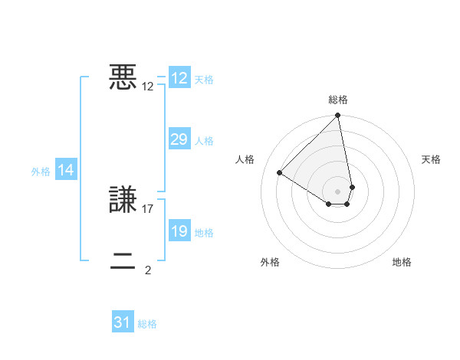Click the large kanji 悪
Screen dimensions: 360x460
coord(123,77)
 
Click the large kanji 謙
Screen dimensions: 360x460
coord(123,200)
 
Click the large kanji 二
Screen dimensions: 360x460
coord(123,261)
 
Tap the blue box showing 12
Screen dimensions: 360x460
coord(179,78)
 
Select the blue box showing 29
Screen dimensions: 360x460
coord(179,139)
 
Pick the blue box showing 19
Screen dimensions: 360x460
coord(179,231)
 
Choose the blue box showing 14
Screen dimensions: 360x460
coord(66,170)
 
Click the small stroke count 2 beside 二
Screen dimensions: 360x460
coord(148,270)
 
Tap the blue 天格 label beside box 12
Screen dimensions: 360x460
coord(204,80)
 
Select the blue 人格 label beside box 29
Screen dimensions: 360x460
coord(204,141)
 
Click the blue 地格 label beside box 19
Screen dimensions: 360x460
coord(204,233)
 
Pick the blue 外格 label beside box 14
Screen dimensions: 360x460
coord(41,172)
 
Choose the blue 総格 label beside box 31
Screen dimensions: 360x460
coord(147,324)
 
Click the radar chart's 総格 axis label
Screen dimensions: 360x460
coord(338,100)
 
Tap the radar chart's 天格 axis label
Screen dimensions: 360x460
coord(431,159)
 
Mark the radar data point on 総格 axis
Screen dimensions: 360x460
coord(338,116)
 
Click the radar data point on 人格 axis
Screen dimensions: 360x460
coord(280,172)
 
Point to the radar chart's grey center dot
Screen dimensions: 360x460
coord(338,191)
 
